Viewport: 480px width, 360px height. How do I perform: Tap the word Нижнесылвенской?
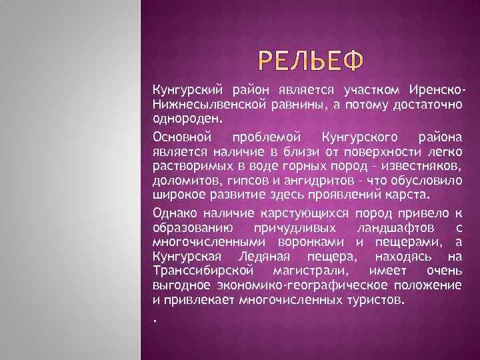204,104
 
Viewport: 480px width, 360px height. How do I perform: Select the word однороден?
184,119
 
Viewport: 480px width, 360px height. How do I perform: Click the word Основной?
181,137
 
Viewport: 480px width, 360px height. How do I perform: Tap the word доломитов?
183,181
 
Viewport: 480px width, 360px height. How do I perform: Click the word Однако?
173,213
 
